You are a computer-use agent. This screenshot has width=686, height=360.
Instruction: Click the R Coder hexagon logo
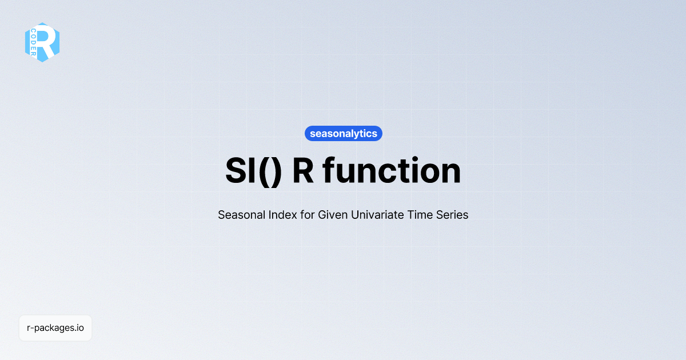pyautogui.click(x=42, y=42)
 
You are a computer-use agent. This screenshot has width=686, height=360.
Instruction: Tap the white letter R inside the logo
pyautogui.click(x=48, y=42)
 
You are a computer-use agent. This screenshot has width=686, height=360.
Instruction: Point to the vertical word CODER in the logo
pyautogui.click(x=34, y=42)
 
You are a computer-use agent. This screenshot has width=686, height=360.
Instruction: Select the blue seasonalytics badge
pyautogui.click(x=343, y=134)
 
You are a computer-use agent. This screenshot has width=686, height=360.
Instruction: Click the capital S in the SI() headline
pyautogui.click(x=236, y=171)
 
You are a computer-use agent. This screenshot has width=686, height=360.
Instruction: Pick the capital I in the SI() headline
pyautogui.click(x=252, y=171)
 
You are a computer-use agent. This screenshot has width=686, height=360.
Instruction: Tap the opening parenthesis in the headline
pyautogui.click(x=262, y=171)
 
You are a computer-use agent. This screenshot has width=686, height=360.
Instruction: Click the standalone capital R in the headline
pyautogui.click(x=302, y=171)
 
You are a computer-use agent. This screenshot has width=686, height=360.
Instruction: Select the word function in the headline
pyautogui.click(x=392, y=171)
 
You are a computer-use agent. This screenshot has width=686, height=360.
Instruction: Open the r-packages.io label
pyautogui.click(x=55, y=328)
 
